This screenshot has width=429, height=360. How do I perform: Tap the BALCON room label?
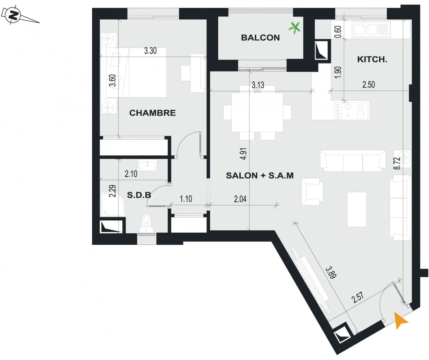point(260,37)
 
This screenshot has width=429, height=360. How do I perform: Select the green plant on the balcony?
point(295,28)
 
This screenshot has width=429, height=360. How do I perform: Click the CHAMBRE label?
point(152,113)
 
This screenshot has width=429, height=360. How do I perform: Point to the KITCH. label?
point(372,60)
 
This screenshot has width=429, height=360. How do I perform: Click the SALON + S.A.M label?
point(260,175)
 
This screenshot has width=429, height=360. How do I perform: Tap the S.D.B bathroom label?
point(139,195)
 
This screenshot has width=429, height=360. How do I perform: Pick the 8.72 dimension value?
point(397,163)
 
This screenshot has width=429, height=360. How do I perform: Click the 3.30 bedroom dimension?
point(150,51)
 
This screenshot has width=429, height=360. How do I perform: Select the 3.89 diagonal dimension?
point(331,273)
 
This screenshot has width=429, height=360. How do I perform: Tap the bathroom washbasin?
point(148,165)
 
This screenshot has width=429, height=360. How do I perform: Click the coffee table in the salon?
point(357,209)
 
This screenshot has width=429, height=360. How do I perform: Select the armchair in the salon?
point(312,192)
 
